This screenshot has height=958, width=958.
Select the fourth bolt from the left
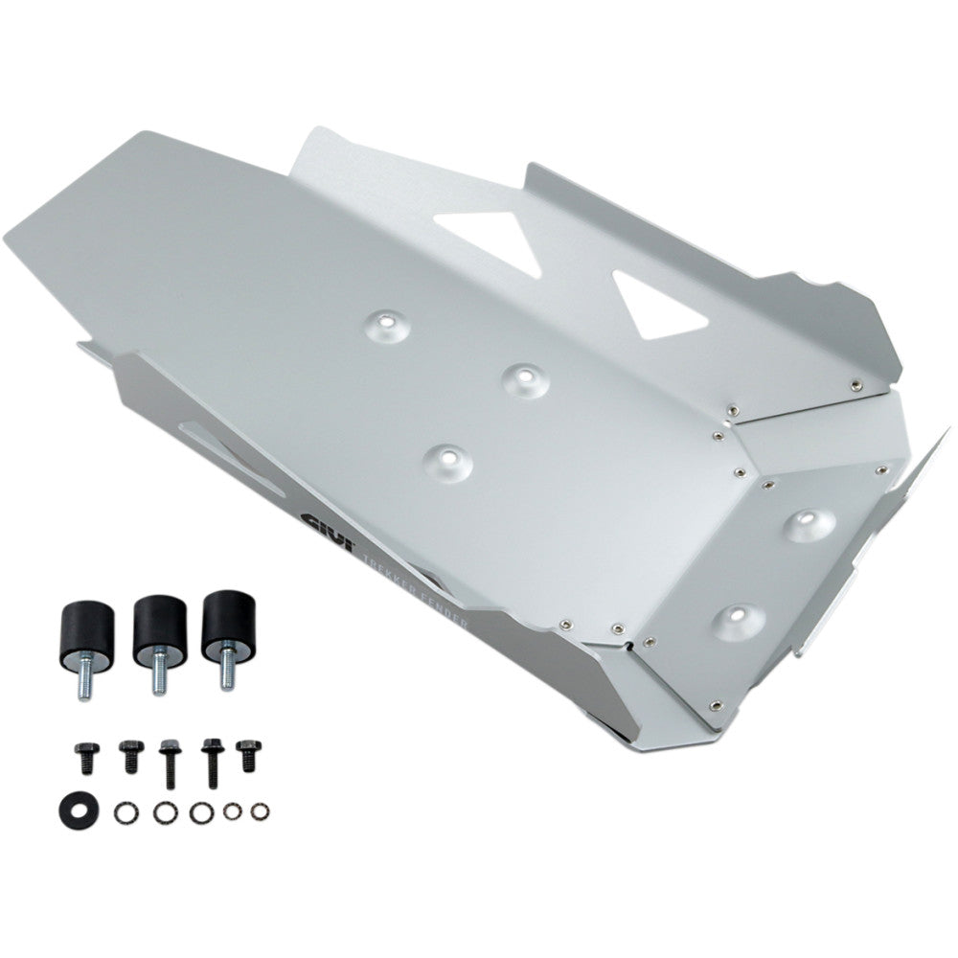pos(210,758)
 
